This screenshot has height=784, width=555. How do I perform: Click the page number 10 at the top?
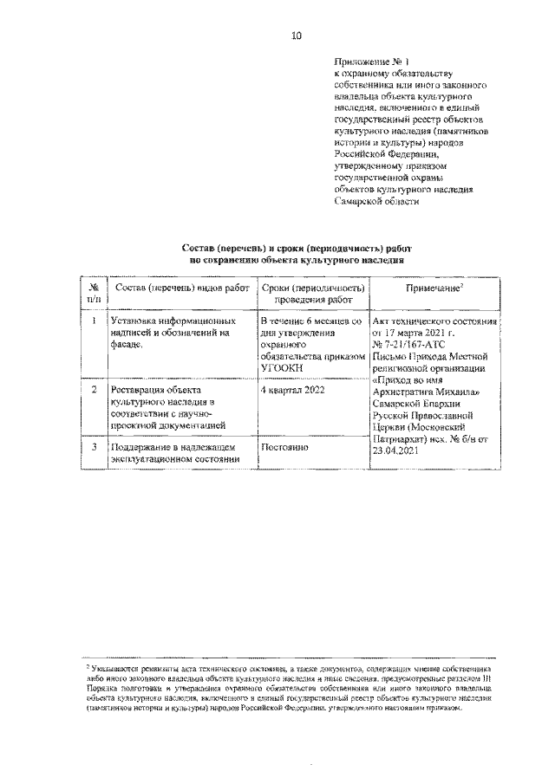point(296,36)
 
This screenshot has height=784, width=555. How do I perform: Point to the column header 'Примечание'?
point(433,287)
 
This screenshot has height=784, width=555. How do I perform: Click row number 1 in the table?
point(93,321)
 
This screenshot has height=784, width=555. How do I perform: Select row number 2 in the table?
point(93,390)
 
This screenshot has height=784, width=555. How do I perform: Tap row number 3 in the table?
point(93,446)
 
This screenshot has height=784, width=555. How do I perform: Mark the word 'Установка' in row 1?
point(131,321)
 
